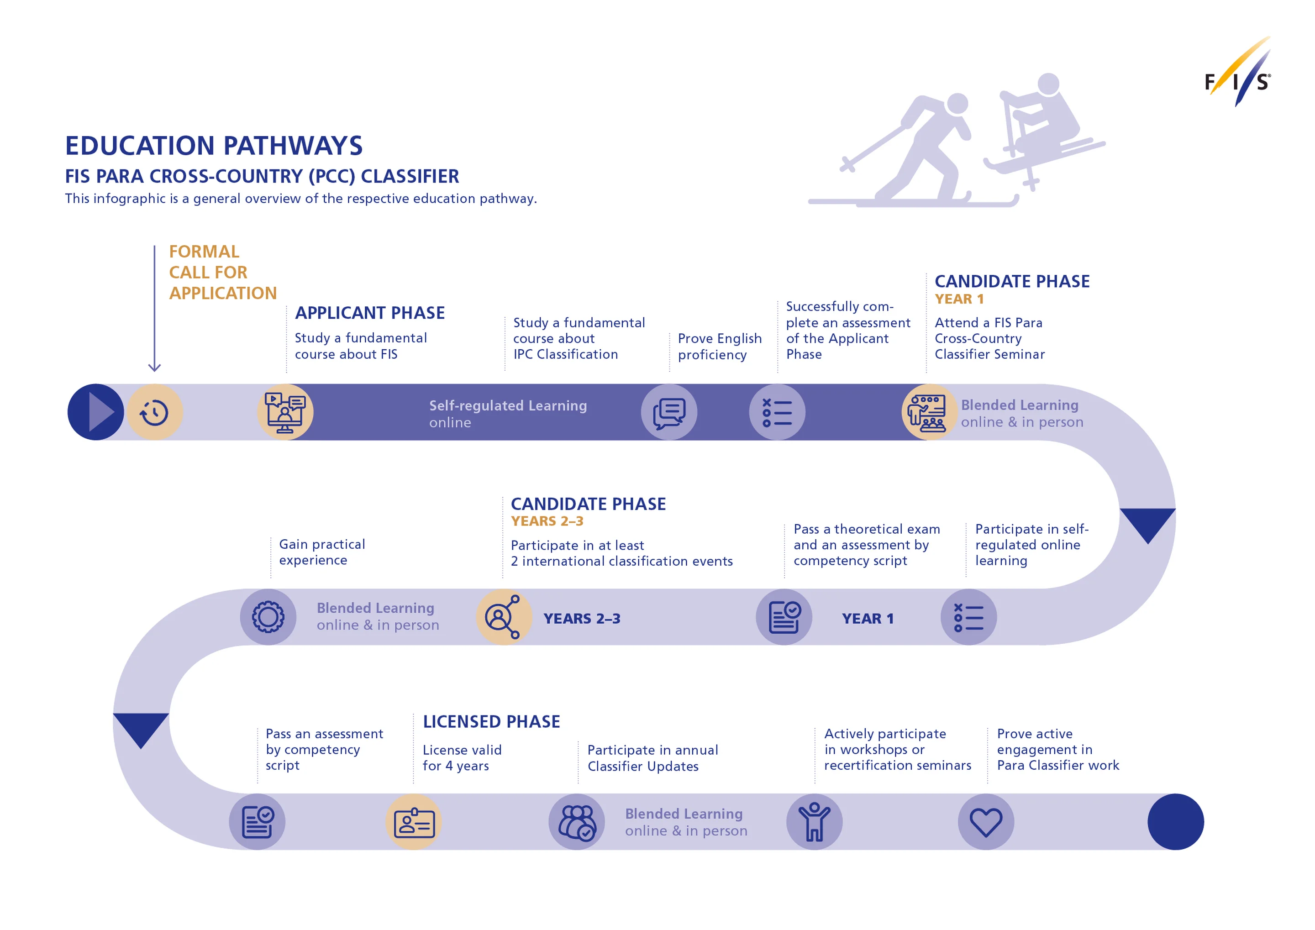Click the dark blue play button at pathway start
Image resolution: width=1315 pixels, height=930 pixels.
point(95,412)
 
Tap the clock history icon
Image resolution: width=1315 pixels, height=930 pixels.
point(155,412)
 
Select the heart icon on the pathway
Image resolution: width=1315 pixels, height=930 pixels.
point(986,822)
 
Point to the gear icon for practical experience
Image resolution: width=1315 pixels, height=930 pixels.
point(268,617)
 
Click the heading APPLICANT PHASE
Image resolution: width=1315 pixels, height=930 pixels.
point(369,313)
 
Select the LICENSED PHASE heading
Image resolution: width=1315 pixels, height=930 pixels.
point(491,721)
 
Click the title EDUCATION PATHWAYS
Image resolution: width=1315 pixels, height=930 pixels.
point(214,146)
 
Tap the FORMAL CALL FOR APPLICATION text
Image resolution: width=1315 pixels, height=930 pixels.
point(222,272)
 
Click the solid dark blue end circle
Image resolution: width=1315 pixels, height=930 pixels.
point(1175,822)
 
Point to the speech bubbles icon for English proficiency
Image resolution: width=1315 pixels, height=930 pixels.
point(669,412)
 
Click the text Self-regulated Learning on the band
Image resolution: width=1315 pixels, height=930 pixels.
point(508,405)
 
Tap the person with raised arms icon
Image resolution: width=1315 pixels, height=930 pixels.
point(814,822)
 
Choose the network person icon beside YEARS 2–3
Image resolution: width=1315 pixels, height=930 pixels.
point(504,617)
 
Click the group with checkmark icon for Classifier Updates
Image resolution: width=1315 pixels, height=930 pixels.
point(577,822)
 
